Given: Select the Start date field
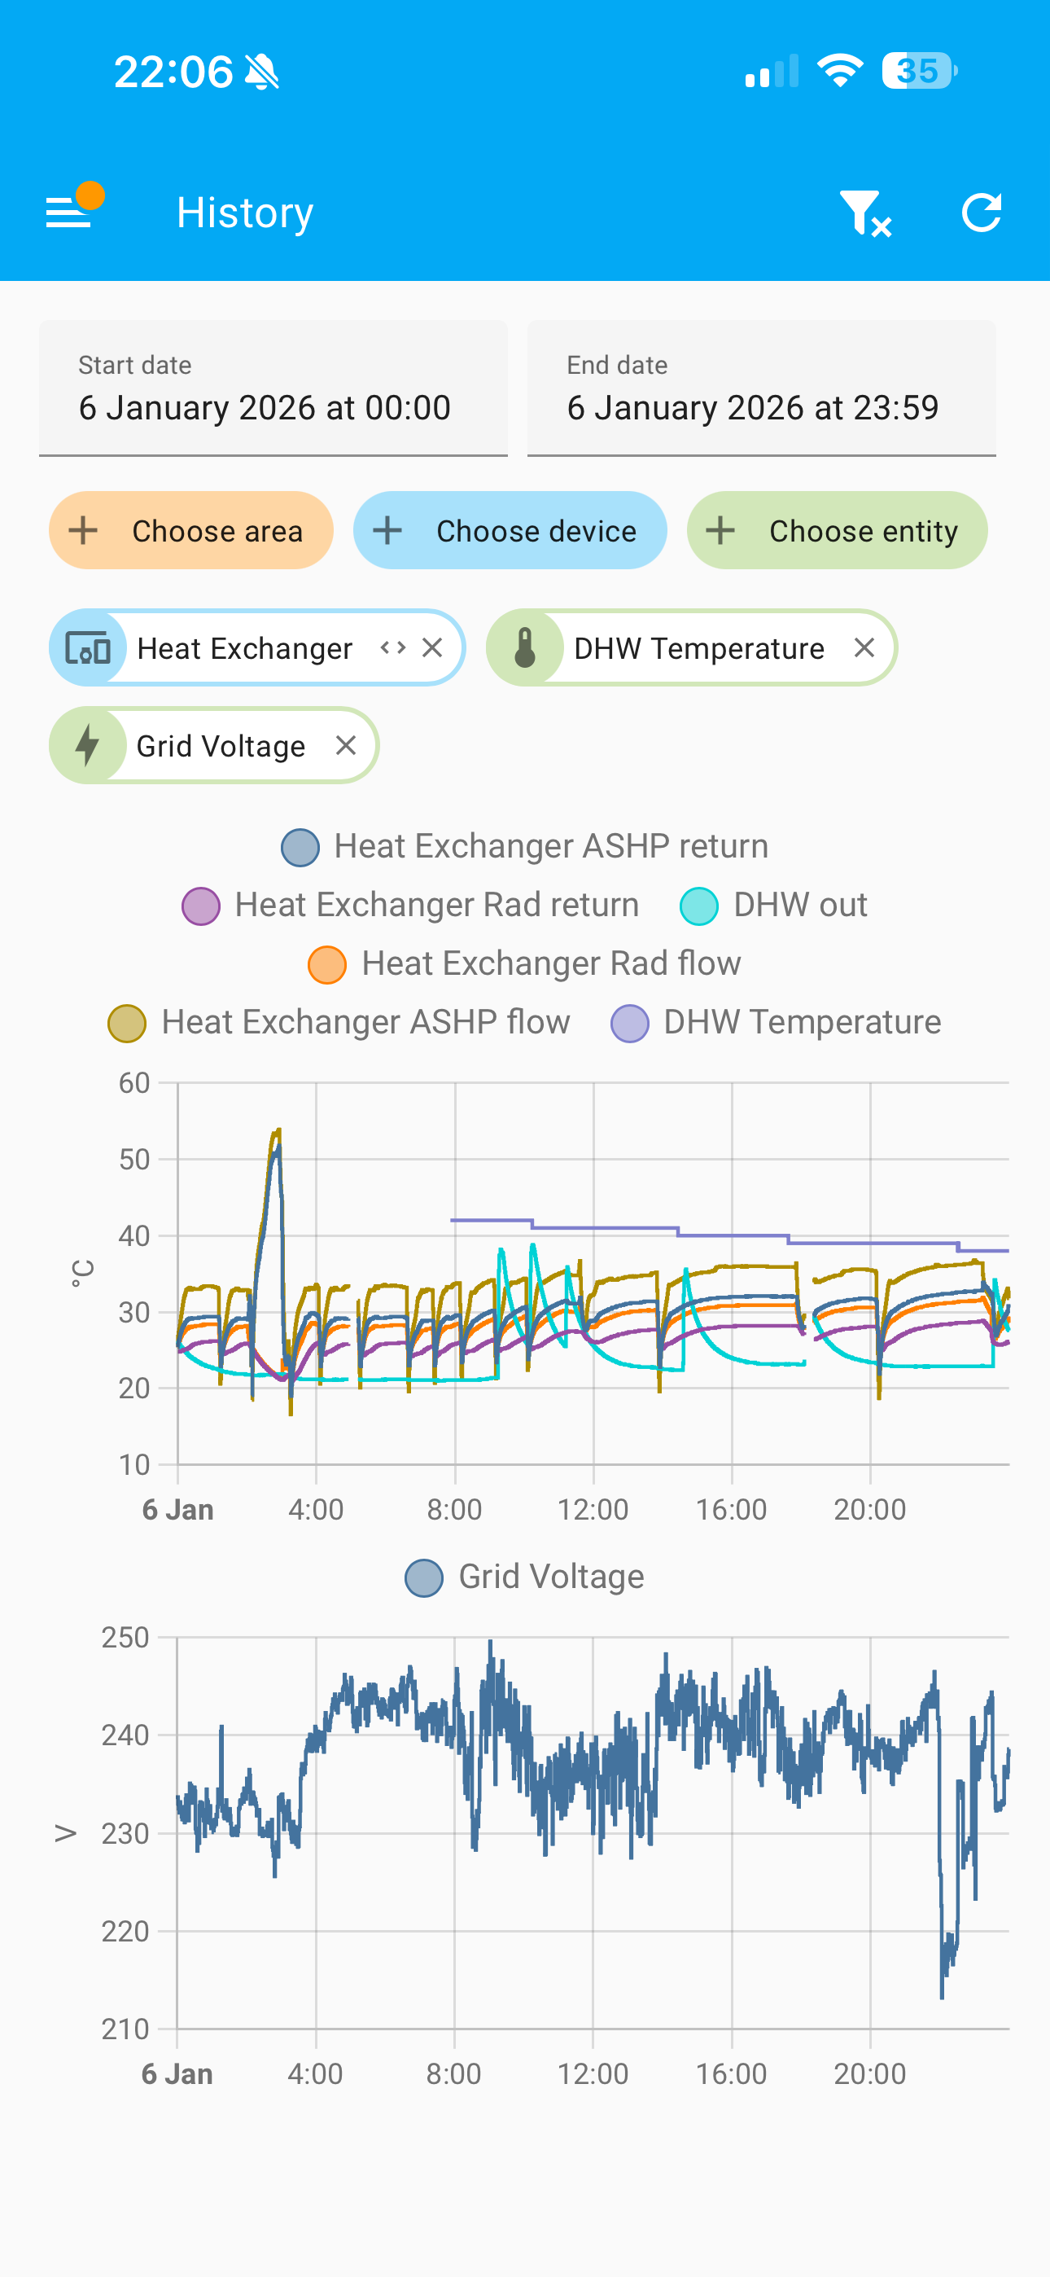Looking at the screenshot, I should (273, 389).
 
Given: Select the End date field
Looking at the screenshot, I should (761, 389).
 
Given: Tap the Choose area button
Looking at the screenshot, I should (191, 530).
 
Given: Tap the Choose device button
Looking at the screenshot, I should (510, 530).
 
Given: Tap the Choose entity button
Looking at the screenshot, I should (837, 530).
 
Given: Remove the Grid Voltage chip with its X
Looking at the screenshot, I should (347, 745).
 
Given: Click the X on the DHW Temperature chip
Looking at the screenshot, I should (864, 648).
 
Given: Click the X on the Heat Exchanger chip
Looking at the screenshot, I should (432, 648).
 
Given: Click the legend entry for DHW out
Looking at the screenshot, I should (774, 905).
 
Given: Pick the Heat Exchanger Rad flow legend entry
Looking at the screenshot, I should (525, 963).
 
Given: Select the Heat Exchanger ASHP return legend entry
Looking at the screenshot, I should (525, 846).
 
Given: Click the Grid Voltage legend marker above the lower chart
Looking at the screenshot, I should (424, 1577).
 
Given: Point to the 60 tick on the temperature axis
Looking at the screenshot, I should (134, 1083).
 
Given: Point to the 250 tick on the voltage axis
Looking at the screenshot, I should (125, 1638).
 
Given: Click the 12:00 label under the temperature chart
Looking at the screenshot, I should (593, 1510).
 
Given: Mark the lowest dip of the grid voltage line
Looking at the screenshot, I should (943, 1996).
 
